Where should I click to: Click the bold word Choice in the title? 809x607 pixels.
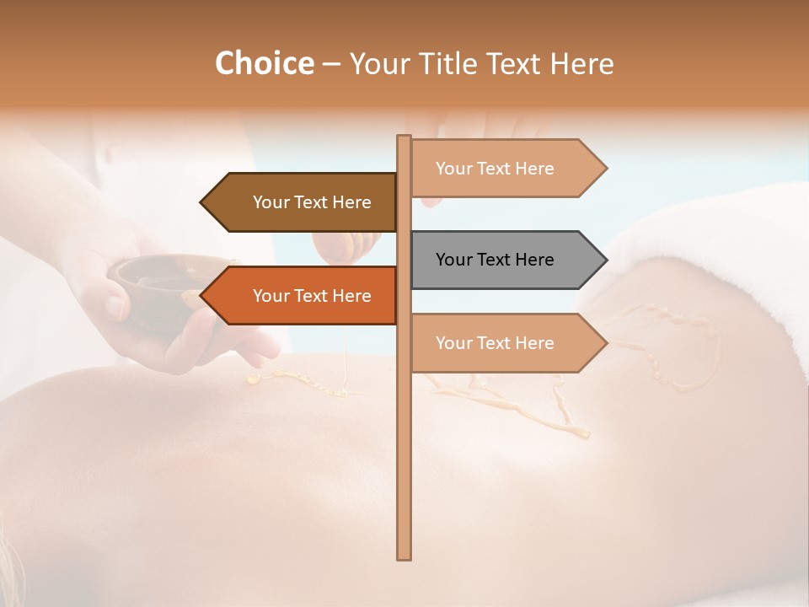(x=264, y=63)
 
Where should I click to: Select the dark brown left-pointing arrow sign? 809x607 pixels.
(x=303, y=202)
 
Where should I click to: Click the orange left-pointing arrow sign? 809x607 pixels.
(x=303, y=296)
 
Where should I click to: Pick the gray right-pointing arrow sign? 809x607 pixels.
(x=506, y=260)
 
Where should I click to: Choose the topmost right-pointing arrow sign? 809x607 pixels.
(x=506, y=169)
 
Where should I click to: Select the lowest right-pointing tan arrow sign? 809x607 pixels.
(x=506, y=343)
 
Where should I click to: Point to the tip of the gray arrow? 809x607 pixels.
(x=605, y=260)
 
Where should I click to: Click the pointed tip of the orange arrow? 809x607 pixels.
(x=202, y=296)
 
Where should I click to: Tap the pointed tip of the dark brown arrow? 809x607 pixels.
(x=202, y=202)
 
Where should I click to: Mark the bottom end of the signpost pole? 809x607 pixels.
(x=404, y=556)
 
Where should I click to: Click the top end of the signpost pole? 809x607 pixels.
(x=404, y=137)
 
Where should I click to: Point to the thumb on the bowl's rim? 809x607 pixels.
(x=118, y=303)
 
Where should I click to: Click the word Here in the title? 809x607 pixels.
(x=582, y=63)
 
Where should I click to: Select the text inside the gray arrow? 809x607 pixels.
(x=495, y=260)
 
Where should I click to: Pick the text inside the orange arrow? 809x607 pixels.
(x=312, y=296)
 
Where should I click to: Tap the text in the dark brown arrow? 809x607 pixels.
(x=312, y=202)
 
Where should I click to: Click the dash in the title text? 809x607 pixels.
(x=331, y=64)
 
